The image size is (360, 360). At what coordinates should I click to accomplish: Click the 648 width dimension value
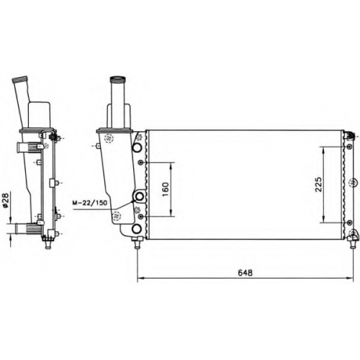click(245, 273)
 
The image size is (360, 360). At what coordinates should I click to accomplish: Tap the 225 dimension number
click(318, 184)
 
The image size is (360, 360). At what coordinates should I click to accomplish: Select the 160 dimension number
click(166, 189)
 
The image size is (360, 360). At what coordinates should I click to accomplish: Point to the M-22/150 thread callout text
click(89, 203)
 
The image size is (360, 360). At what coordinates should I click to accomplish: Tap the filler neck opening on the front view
click(117, 79)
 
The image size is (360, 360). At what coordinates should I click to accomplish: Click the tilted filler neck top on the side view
click(20, 79)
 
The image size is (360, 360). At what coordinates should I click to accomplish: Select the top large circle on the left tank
click(137, 148)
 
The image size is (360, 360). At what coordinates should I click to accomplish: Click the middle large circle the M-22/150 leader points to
click(139, 197)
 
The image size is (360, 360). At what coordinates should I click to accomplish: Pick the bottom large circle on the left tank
click(137, 229)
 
